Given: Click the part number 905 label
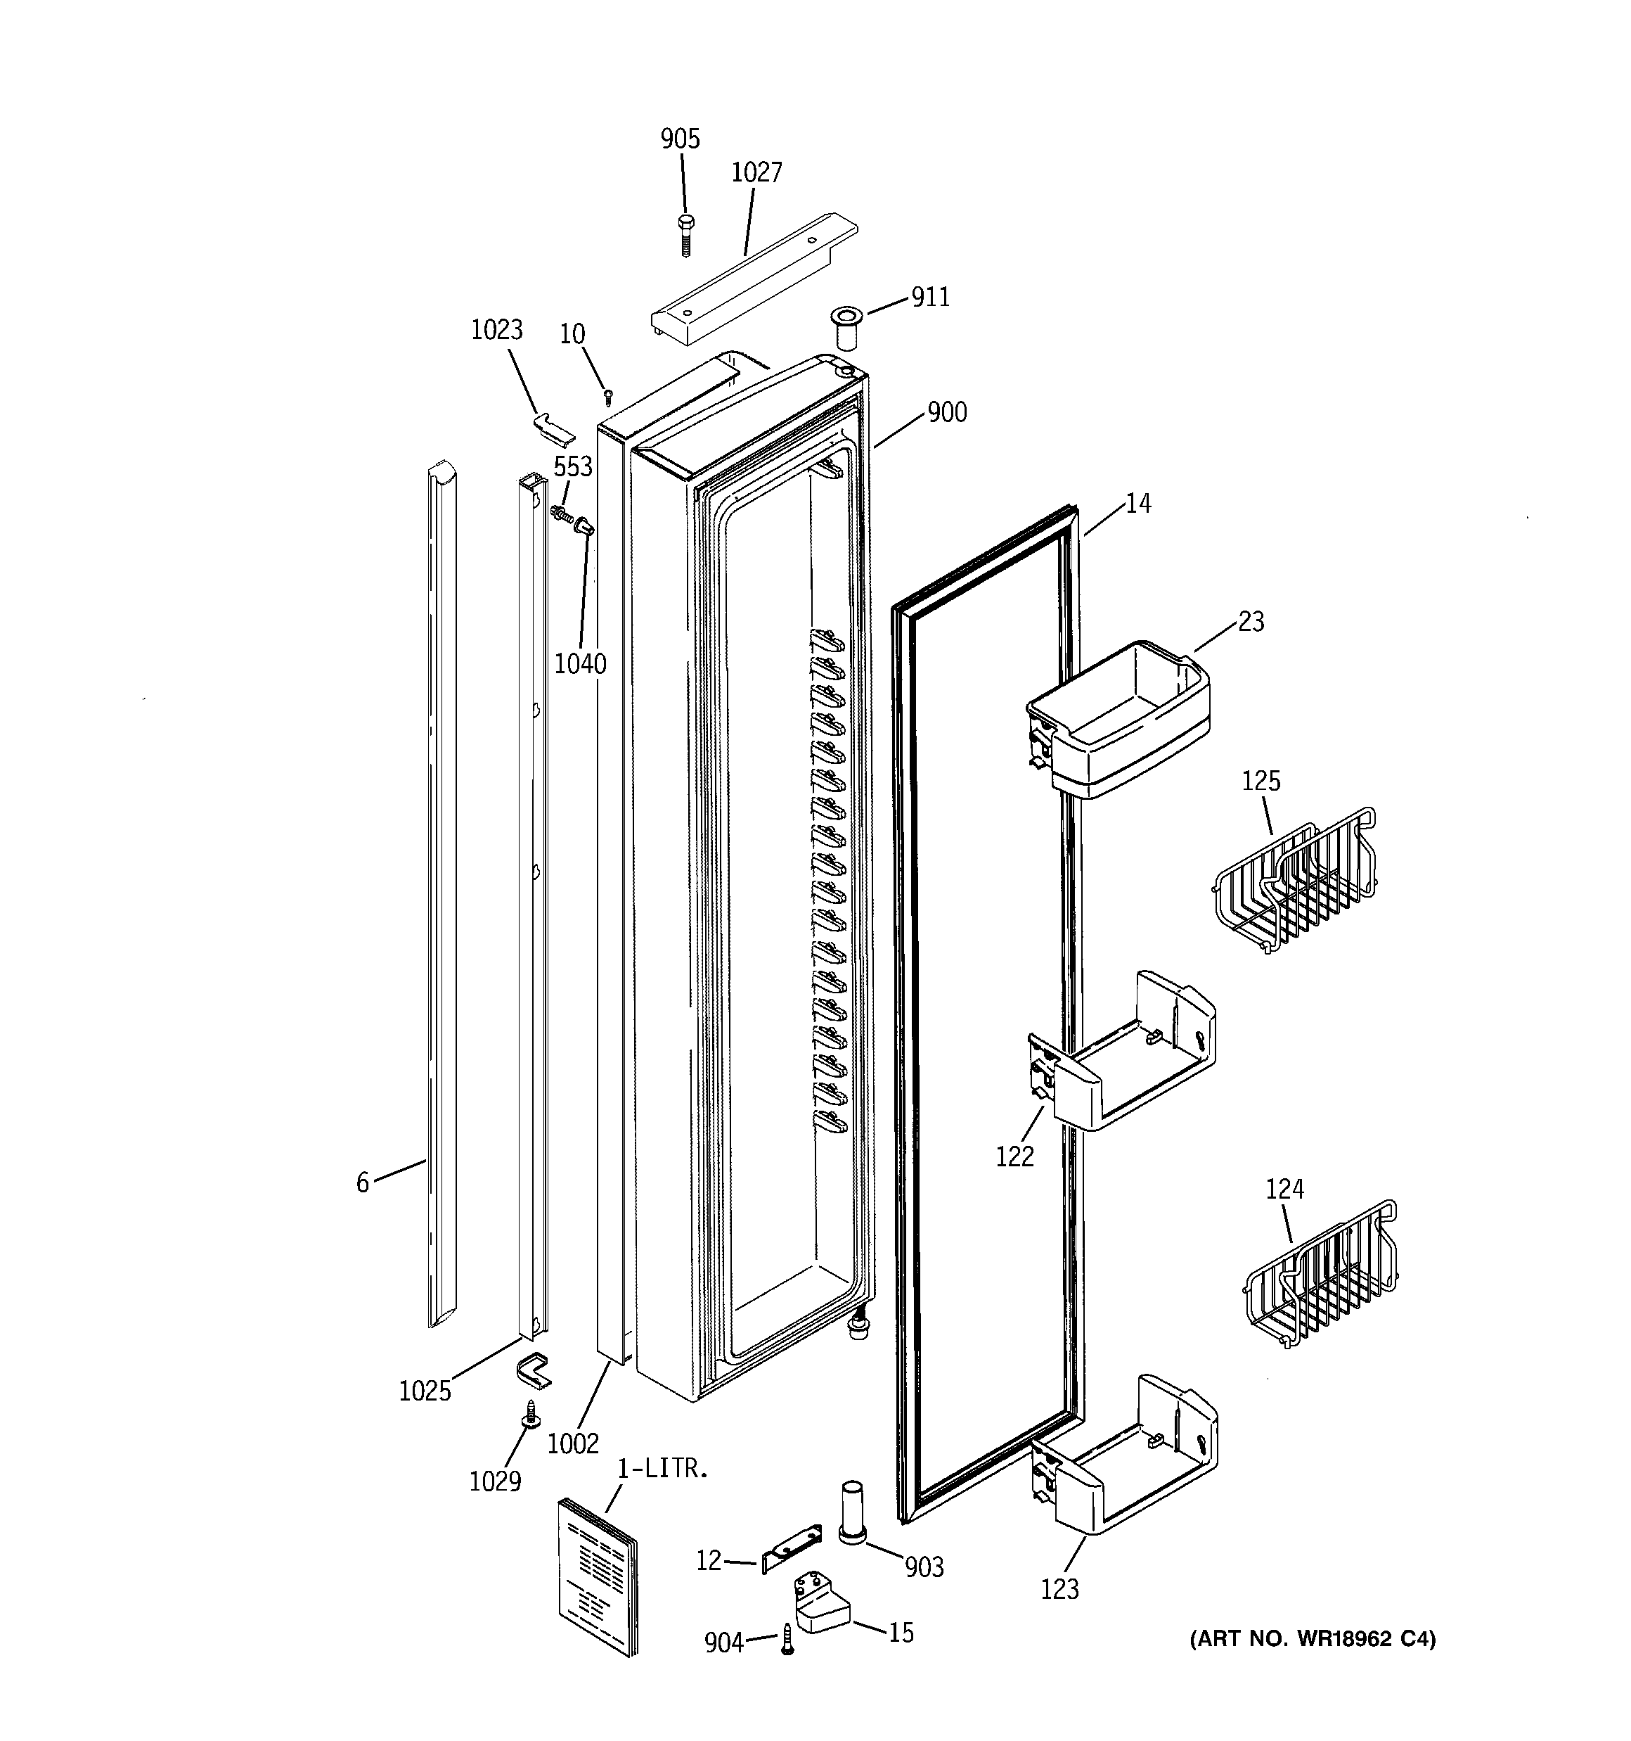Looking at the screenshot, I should tap(681, 139).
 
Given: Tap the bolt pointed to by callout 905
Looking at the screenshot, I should tap(685, 234).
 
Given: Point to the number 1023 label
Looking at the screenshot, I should tap(496, 329).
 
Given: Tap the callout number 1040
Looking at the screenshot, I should tap(579, 664).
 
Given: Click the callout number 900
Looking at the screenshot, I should tap(946, 412).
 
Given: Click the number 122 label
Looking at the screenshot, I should tap(1014, 1157).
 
